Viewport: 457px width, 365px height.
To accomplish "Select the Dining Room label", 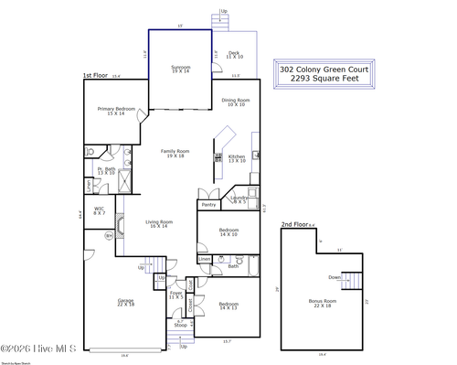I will [x=236, y=102].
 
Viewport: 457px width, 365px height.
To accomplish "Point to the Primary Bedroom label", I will [x=116, y=110].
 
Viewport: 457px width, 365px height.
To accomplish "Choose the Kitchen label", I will [x=236, y=157].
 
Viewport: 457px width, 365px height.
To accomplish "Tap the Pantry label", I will [x=208, y=205].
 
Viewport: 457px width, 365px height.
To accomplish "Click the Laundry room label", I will [x=239, y=199].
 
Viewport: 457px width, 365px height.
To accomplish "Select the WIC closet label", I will [x=99, y=209].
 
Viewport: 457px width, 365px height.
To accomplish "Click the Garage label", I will [x=125, y=301].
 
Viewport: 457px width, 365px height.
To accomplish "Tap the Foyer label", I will [x=175, y=295].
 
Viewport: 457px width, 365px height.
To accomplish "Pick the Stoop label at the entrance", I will [x=181, y=324].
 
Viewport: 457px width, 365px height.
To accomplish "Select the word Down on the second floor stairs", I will [x=335, y=277].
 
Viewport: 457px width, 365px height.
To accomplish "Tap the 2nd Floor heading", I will [x=293, y=224].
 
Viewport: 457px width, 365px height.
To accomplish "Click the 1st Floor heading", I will [x=95, y=76].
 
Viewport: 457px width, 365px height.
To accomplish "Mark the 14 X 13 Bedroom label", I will [x=228, y=306].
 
